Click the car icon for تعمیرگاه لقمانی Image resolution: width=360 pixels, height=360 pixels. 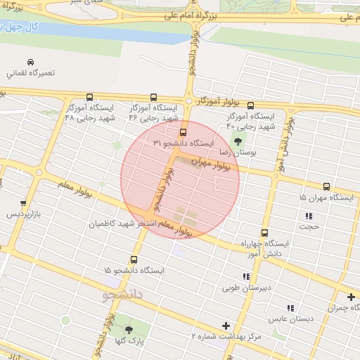(x=30, y=62)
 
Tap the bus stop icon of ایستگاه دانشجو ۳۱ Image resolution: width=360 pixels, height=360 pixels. (x=183, y=132)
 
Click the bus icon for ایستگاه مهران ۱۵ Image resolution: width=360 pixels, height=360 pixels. (x=326, y=186)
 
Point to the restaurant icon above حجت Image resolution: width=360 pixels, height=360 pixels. (x=308, y=215)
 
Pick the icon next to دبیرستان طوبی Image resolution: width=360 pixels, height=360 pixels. (x=245, y=276)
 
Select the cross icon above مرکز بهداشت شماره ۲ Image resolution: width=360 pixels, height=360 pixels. (x=226, y=325)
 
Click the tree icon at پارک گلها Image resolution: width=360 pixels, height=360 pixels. (x=128, y=328)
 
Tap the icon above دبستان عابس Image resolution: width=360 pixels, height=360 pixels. (x=290, y=307)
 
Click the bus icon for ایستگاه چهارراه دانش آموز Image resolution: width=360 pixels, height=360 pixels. (x=264, y=233)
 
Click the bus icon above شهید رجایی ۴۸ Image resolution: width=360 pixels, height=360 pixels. (x=89, y=98)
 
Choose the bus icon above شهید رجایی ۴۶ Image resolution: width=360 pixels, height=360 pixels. (x=154, y=98)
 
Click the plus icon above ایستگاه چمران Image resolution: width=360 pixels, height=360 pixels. (x=350, y=297)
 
